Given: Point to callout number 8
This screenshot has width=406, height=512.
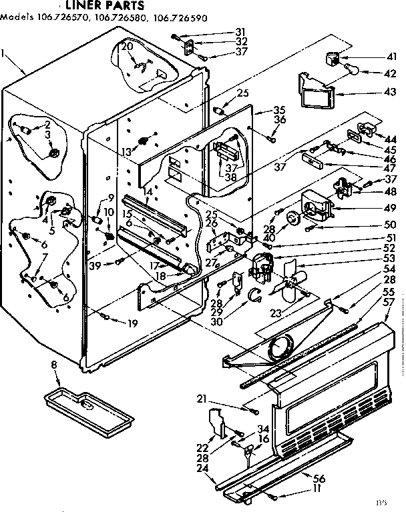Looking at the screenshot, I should tap(53, 364).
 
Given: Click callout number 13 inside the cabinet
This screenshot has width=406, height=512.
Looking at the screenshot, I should tap(125, 151).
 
